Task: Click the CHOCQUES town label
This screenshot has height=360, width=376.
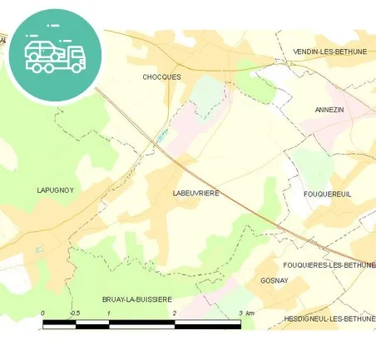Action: pyautogui.click(x=161, y=76)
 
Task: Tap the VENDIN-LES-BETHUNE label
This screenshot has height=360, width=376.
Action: pyautogui.click(x=329, y=52)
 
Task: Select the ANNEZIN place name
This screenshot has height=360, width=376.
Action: pyautogui.click(x=329, y=109)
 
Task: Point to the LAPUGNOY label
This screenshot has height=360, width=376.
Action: pyautogui.click(x=56, y=190)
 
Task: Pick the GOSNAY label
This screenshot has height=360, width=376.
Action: pyautogui.click(x=273, y=281)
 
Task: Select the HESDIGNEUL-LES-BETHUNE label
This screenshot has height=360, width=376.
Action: pyautogui.click(x=329, y=318)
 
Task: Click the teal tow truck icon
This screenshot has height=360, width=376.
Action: pyautogui.click(x=54, y=54)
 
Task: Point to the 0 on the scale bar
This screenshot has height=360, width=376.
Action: pyautogui.click(x=43, y=313)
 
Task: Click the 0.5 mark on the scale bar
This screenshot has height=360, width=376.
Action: pyautogui.click(x=75, y=313)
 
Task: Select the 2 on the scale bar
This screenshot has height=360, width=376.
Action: pyautogui.click(x=175, y=313)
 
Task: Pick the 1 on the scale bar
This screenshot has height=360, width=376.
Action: pyautogui.click(x=109, y=313)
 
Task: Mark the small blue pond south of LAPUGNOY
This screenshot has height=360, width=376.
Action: pyautogui.click(x=38, y=248)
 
